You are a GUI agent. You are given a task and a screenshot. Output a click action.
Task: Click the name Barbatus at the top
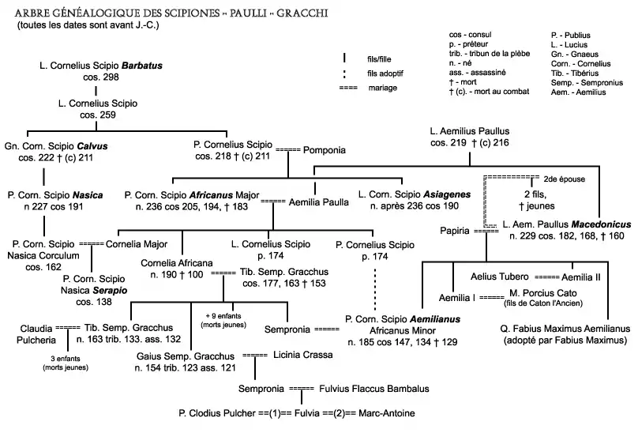click(x=142, y=65)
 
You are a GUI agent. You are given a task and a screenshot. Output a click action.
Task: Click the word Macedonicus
click(x=598, y=224)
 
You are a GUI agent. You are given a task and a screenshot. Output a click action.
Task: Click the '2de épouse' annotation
click(x=564, y=179)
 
